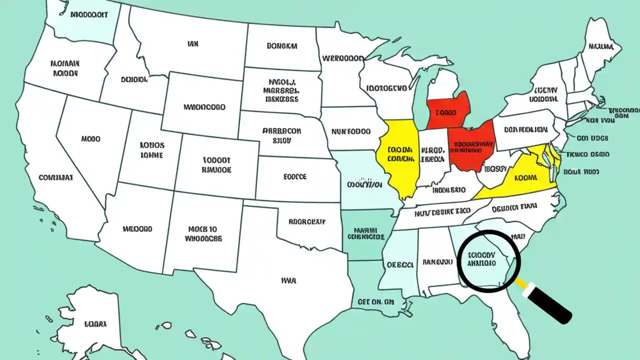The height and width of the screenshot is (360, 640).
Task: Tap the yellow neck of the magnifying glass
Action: (x=521, y=283)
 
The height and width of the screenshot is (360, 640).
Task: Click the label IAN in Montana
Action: (x=192, y=44)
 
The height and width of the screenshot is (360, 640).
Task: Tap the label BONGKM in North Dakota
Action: (x=281, y=46)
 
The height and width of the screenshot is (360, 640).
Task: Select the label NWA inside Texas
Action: (x=288, y=281)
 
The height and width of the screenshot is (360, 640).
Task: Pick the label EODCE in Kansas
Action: (x=295, y=176)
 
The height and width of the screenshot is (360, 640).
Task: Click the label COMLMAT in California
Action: (x=56, y=177)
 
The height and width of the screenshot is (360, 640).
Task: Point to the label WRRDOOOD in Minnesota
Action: (x=343, y=58)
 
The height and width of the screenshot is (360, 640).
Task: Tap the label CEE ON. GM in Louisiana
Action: (x=376, y=302)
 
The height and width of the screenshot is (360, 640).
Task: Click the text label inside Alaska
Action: (x=95, y=324)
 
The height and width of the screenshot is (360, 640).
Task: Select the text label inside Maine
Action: (x=601, y=47)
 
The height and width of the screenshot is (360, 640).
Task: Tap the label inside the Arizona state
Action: (x=137, y=229)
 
